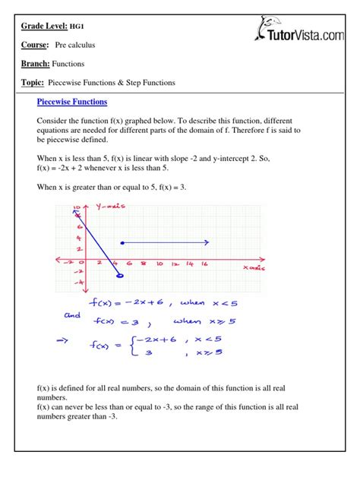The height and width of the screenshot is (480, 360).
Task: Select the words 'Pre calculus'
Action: (75, 46)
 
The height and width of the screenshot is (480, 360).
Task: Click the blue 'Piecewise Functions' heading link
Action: (72, 102)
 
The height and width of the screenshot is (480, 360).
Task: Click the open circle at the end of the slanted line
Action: (119, 276)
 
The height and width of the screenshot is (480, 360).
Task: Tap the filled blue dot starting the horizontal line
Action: (123, 243)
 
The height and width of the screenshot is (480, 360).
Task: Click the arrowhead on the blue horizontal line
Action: (207, 243)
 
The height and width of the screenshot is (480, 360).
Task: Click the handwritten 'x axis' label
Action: (254, 268)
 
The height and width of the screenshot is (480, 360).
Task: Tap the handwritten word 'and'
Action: (71, 314)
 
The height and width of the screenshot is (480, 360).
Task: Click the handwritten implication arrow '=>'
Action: (70, 342)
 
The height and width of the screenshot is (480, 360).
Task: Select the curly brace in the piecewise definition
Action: (132, 348)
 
